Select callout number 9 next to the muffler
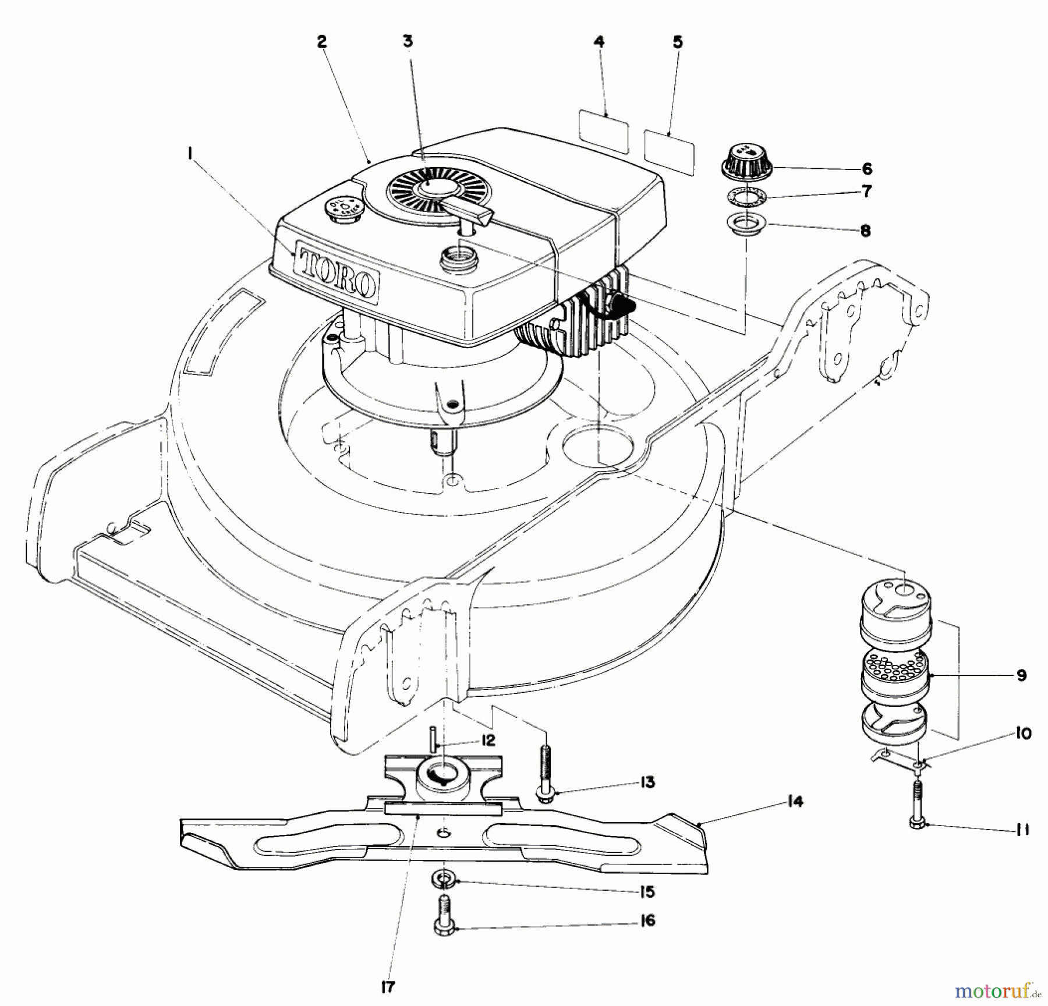click(1021, 675)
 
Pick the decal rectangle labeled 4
click(604, 133)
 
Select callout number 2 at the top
click(322, 42)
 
